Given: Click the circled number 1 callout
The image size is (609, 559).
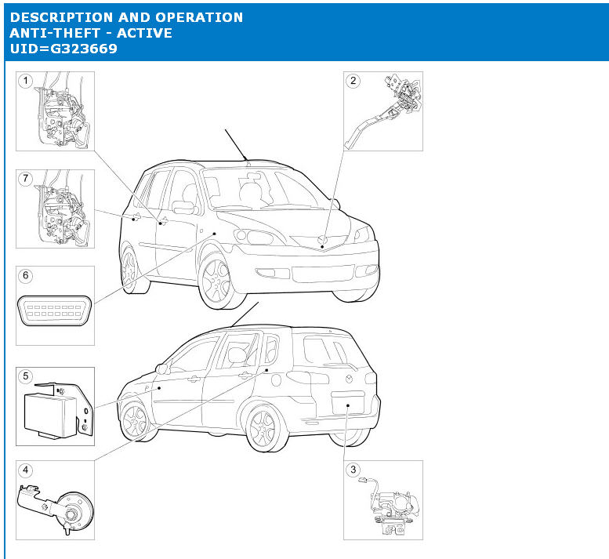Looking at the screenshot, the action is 26,81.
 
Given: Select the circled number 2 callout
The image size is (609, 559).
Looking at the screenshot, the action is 353,81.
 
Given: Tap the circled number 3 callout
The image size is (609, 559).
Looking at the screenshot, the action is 353,470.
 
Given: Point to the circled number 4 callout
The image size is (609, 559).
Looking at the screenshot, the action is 26,470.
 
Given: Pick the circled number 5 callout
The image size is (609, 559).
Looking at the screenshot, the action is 26,376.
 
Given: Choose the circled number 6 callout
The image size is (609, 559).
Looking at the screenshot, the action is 26,275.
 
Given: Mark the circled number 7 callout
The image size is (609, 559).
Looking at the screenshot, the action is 26,178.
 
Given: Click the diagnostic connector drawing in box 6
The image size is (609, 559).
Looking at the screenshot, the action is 55,310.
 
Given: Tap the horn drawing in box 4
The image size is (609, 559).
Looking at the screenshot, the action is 56,507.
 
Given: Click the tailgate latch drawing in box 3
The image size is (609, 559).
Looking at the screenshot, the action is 390,506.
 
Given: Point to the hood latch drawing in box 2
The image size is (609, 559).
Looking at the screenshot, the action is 385,109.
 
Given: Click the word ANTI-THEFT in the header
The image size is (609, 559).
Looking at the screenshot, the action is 55,33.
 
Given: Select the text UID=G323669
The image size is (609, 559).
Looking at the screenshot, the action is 63,49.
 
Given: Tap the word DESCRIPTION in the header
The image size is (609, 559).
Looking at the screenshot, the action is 61,17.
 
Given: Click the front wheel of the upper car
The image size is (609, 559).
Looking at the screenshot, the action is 216,281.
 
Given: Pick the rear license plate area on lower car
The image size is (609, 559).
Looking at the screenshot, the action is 348,403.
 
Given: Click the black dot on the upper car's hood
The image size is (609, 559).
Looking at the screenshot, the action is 322,247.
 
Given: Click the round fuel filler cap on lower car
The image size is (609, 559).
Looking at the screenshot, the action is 276,380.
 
